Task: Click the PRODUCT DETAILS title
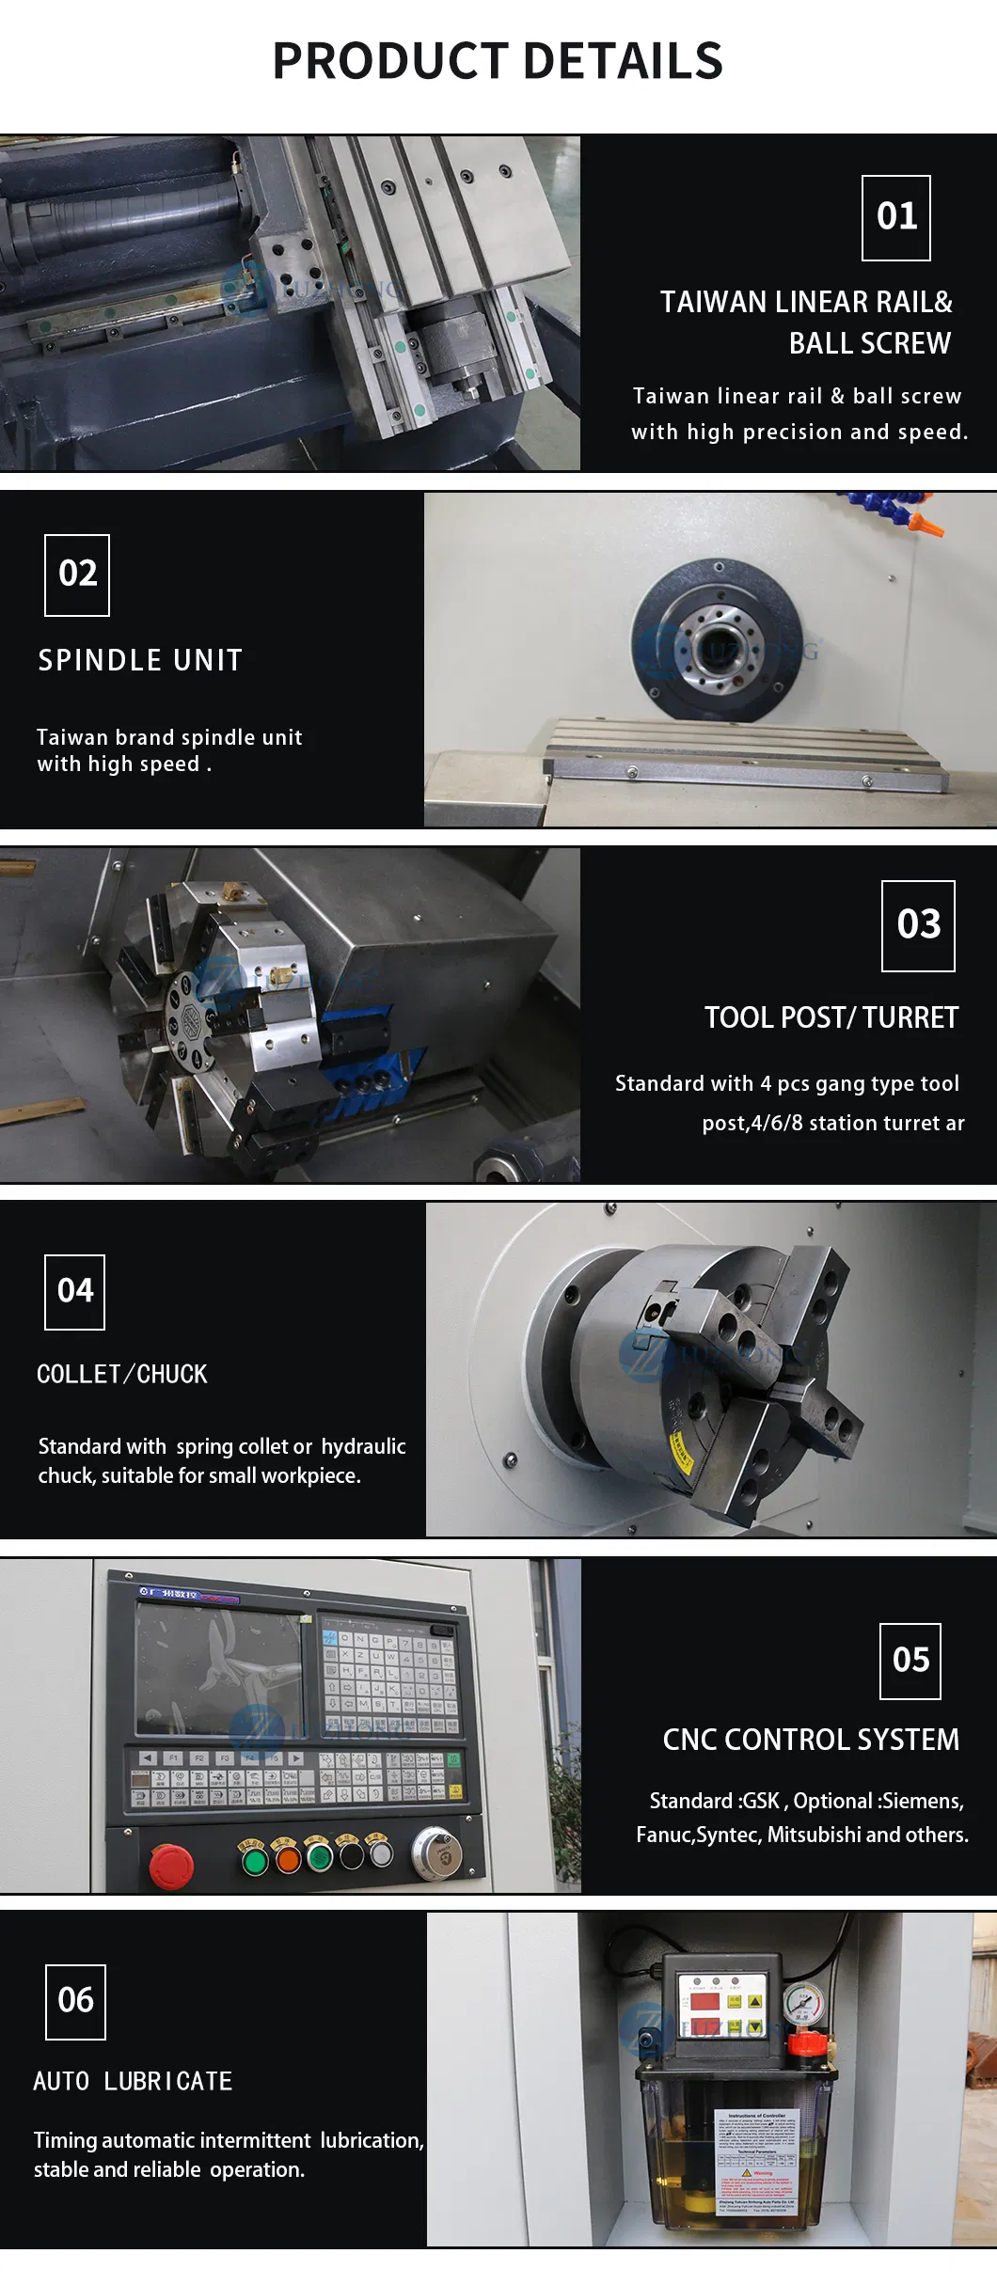click(x=498, y=61)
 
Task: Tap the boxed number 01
click(x=896, y=217)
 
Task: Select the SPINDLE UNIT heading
click(x=140, y=660)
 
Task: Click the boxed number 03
click(x=918, y=925)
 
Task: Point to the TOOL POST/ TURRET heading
click(x=831, y=1017)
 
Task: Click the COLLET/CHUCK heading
click(x=122, y=1375)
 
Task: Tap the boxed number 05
click(x=910, y=1661)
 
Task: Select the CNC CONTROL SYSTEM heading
click(x=811, y=1740)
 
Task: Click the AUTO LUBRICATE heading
click(x=133, y=2081)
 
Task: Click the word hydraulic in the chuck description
click(x=363, y=1446)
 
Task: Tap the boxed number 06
click(x=75, y=2000)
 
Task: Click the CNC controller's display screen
click(x=218, y=1668)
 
